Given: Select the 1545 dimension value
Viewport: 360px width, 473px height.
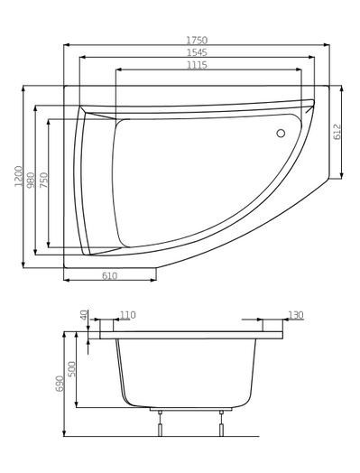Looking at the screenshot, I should click(x=196, y=52).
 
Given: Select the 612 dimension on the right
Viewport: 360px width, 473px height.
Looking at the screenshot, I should click(x=337, y=132).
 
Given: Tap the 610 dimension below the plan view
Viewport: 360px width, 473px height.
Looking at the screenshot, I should click(x=108, y=275).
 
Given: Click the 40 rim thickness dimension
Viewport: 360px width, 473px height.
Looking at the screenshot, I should click(x=84, y=316).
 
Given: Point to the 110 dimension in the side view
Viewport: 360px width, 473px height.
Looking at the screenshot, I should click(x=127, y=315).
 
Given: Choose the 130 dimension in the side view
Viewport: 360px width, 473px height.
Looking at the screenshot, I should click(x=295, y=315).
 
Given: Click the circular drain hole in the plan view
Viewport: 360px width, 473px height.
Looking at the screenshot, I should click(x=280, y=134).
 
